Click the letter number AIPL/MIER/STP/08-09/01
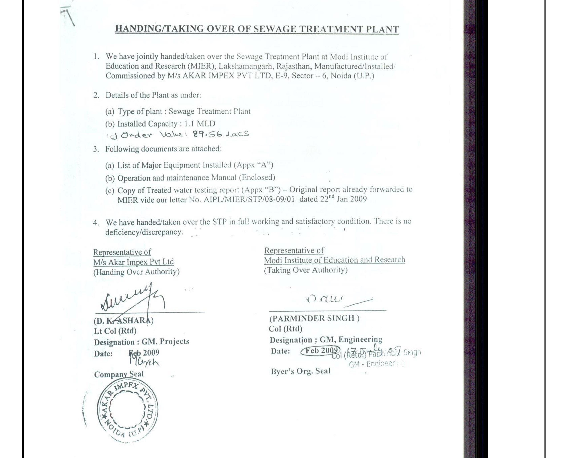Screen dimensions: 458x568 [x=249, y=199]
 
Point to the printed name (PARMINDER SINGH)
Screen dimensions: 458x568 [x=314, y=318]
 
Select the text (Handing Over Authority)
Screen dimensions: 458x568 [x=137, y=272]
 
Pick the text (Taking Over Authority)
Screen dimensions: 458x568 [x=306, y=270]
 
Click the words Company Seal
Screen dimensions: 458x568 [x=119, y=374]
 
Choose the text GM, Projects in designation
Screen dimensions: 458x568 [x=165, y=341]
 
